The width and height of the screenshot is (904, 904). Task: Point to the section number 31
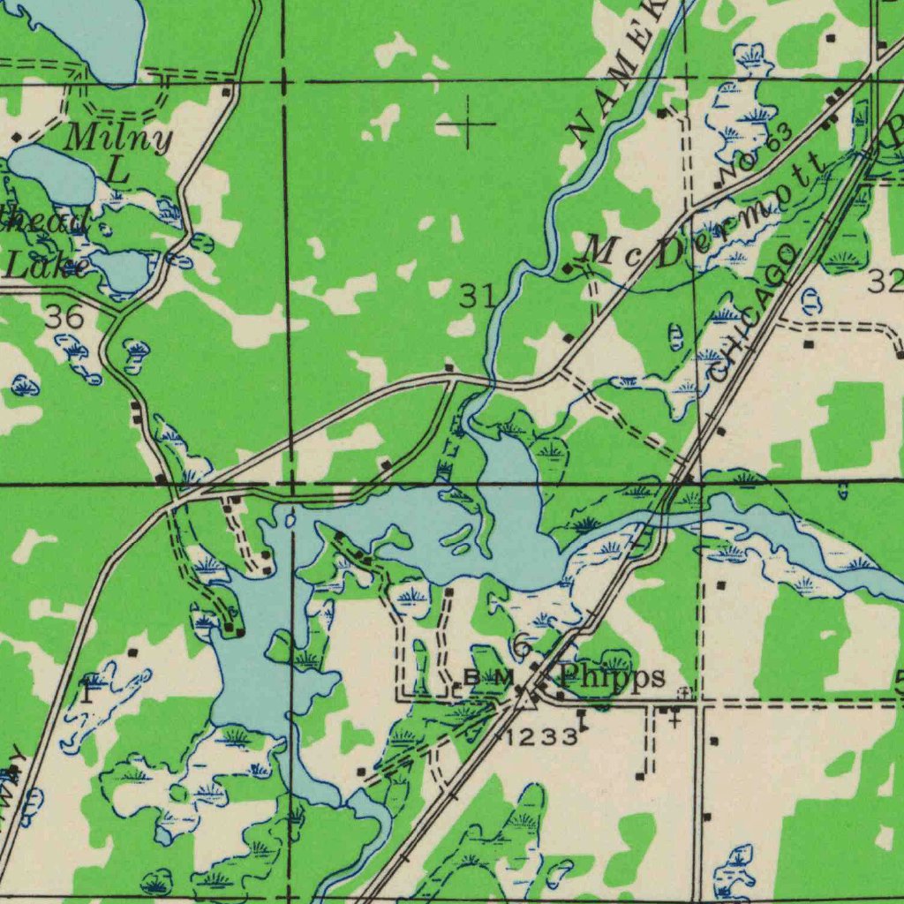[x=477, y=297]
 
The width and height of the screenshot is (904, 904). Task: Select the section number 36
[x=64, y=317]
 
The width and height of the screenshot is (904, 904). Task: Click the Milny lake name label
[x=118, y=139]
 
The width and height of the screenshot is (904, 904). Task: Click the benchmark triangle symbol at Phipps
[x=526, y=699]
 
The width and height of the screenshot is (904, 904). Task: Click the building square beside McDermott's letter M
[x=567, y=267]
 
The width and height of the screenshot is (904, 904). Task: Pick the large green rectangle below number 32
[x=847, y=425]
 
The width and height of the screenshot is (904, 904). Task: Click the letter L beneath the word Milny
[x=119, y=169]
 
